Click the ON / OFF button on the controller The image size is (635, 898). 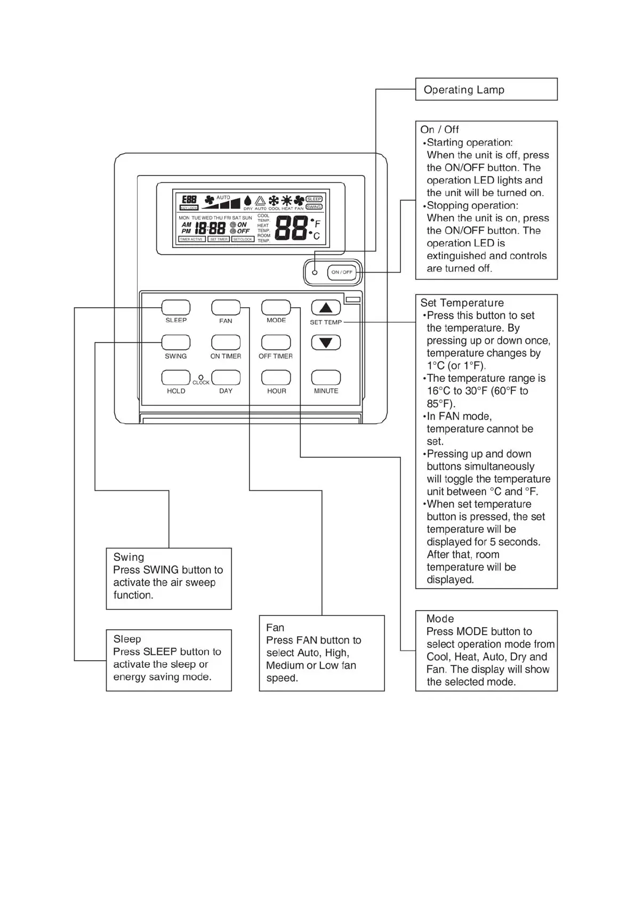click(x=342, y=272)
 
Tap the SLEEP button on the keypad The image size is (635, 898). click(x=176, y=308)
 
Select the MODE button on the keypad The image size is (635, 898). click(x=276, y=308)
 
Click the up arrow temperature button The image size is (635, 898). click(x=326, y=308)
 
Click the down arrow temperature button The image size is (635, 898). click(x=326, y=342)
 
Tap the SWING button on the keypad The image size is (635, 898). click(x=176, y=342)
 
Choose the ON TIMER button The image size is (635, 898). click(x=226, y=342)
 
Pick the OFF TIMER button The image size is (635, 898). click(x=276, y=342)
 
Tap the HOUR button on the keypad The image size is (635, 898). click(x=276, y=378)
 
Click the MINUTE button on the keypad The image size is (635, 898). click(x=326, y=378)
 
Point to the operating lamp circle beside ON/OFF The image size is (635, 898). click(x=315, y=272)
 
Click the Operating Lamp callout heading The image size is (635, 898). click(x=464, y=90)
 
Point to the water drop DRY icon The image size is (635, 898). click(x=247, y=201)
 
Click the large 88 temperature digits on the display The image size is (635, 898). click(x=291, y=228)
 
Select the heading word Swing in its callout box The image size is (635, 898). click(x=128, y=557)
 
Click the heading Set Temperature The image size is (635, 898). click(x=462, y=303)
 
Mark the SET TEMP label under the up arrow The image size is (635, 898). click(x=325, y=322)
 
